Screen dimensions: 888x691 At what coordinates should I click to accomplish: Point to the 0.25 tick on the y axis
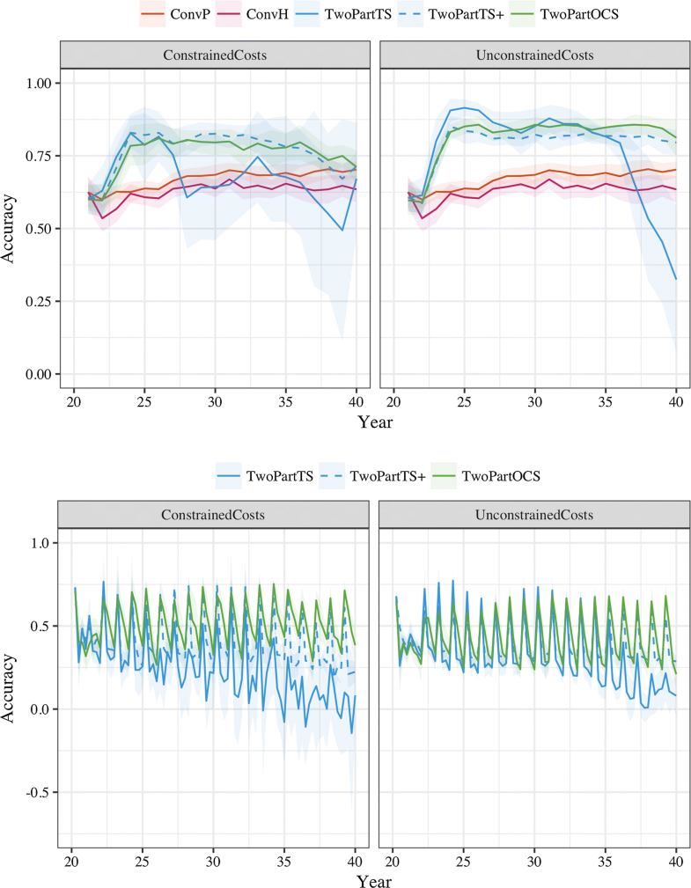point(40,302)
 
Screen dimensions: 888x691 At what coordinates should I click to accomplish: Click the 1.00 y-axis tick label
point(40,83)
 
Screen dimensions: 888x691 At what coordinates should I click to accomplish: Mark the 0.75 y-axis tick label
point(40,156)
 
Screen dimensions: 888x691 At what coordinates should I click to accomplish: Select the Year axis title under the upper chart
point(375,422)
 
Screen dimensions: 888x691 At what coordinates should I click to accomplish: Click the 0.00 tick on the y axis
point(40,375)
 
